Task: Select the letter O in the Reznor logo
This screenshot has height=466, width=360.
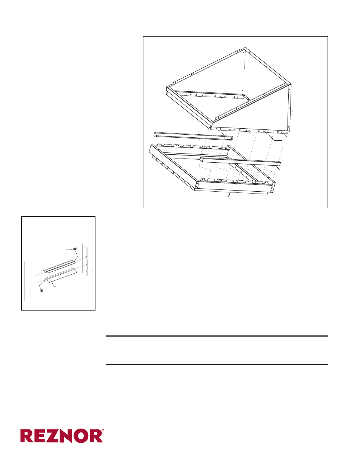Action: pos(81,436)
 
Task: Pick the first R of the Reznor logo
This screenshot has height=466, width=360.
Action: pos(28,436)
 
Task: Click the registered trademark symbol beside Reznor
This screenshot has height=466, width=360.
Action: pos(103,431)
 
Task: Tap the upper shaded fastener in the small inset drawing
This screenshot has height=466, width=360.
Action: pos(75,249)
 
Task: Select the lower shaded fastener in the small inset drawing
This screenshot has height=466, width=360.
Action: pos(42,291)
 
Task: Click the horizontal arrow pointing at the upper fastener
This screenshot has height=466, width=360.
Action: pos(69,249)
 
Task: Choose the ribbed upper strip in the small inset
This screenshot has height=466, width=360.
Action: pos(59,266)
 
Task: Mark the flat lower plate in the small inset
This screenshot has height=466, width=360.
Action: pos(61,275)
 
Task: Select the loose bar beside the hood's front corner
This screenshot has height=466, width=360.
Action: pos(193,136)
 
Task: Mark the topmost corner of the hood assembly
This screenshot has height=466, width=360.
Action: pos(244,48)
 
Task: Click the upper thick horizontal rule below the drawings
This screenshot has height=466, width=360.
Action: pos(217,336)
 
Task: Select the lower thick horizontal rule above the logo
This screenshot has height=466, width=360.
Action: pos(217,364)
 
